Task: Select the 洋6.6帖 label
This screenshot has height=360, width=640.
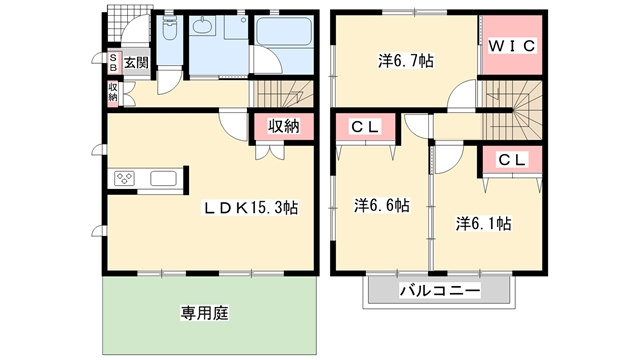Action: tap(381, 205)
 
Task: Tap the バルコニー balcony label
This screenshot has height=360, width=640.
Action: tap(440, 291)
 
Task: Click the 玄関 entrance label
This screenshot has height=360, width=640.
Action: tap(136, 62)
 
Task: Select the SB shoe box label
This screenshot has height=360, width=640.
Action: tap(113, 62)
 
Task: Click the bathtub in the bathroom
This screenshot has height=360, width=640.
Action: tap(285, 34)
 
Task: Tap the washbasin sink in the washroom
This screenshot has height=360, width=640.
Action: tap(211, 27)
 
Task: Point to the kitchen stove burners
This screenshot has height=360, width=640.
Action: tap(125, 180)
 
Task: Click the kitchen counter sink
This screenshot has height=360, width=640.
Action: tap(164, 180)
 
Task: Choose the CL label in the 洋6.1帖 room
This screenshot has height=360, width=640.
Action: tap(511, 159)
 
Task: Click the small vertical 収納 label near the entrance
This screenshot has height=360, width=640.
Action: tap(113, 93)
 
